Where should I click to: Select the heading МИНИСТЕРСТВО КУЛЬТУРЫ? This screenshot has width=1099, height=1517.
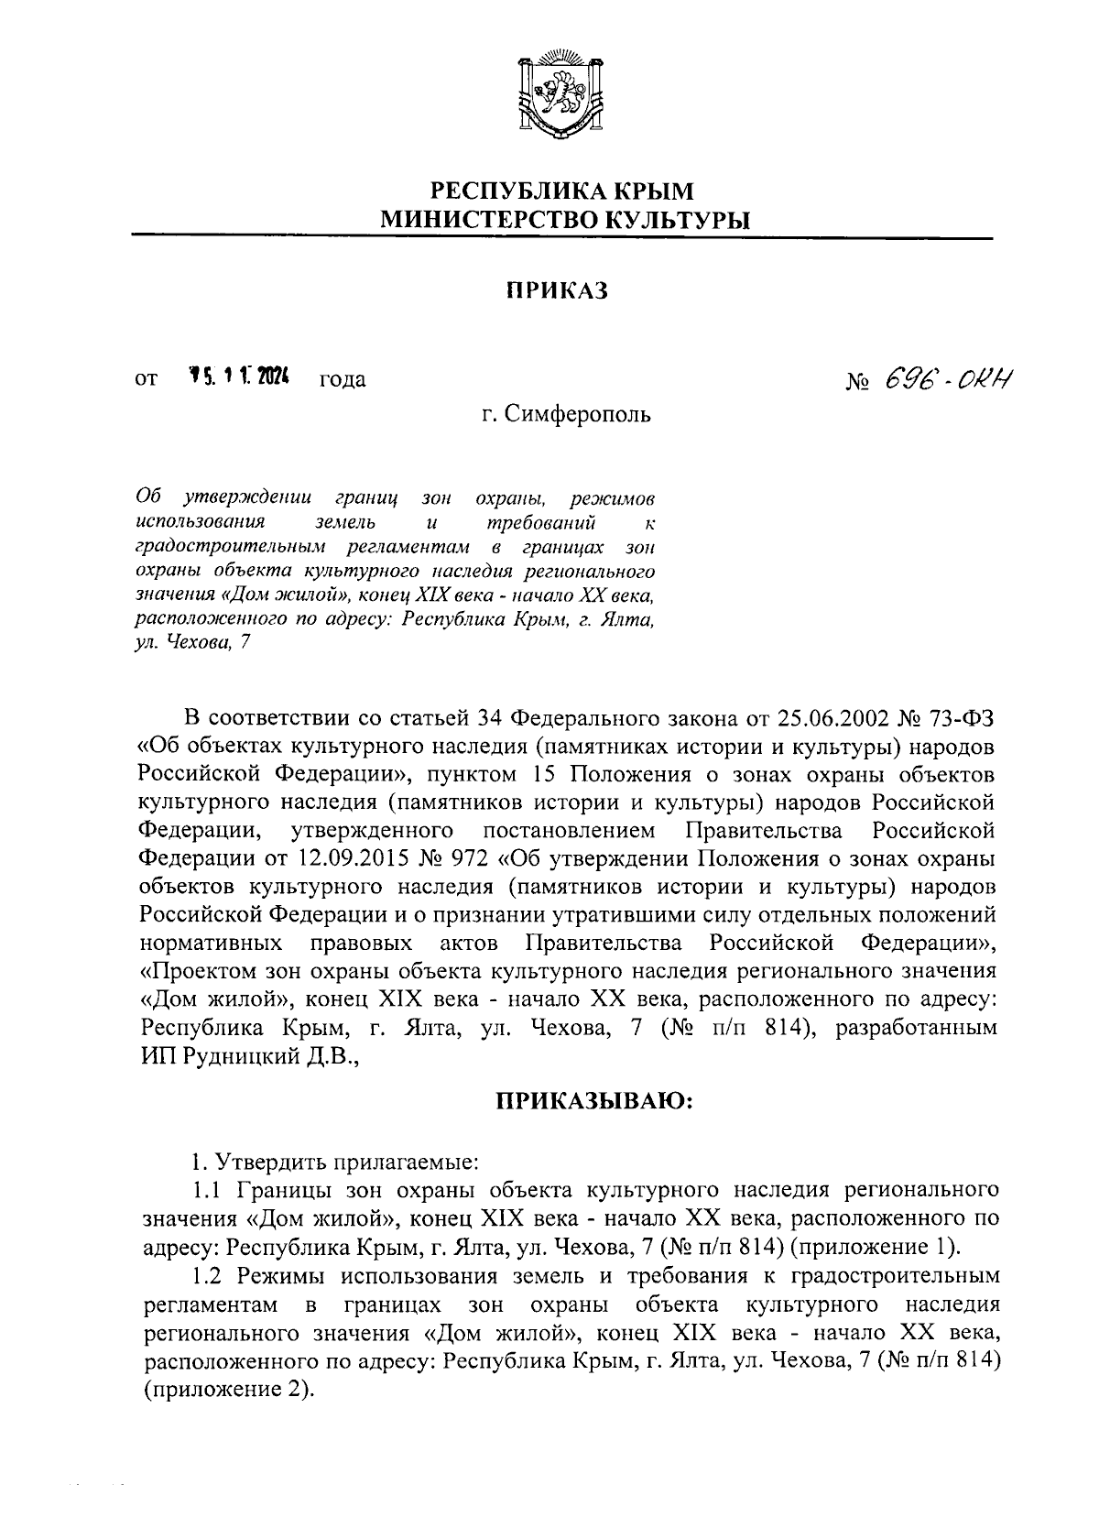[x=563, y=220]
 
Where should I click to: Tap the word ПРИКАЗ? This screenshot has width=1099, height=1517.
[x=558, y=290]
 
